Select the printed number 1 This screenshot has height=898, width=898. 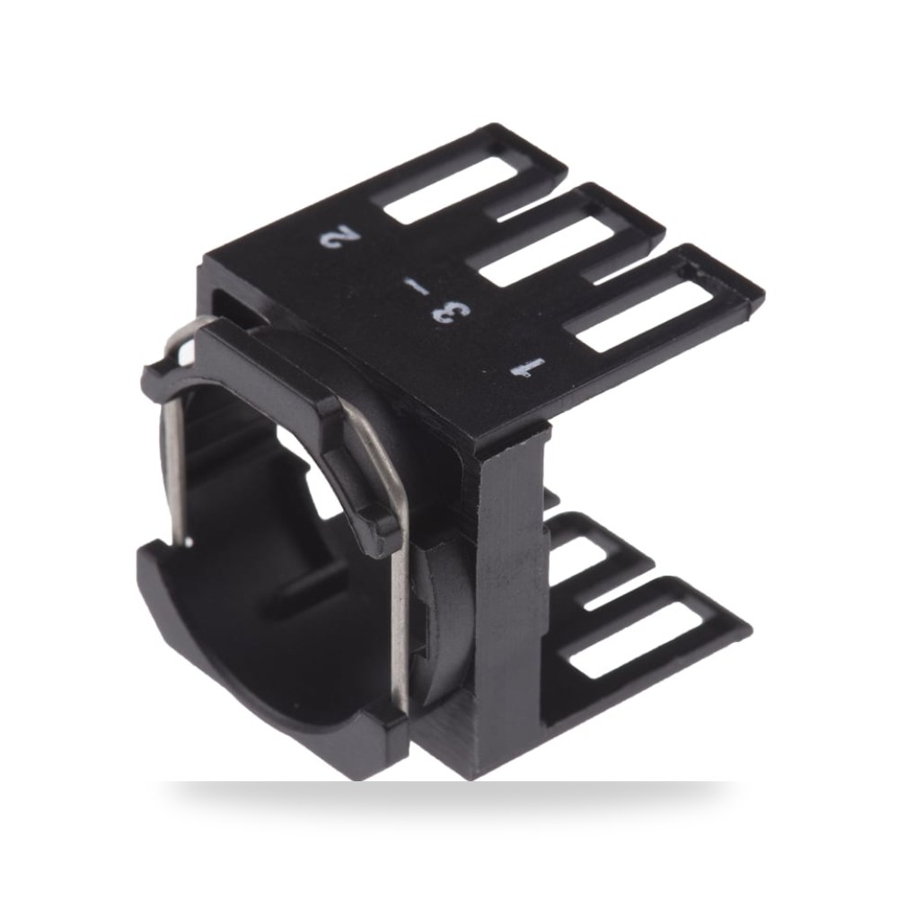(527, 367)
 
